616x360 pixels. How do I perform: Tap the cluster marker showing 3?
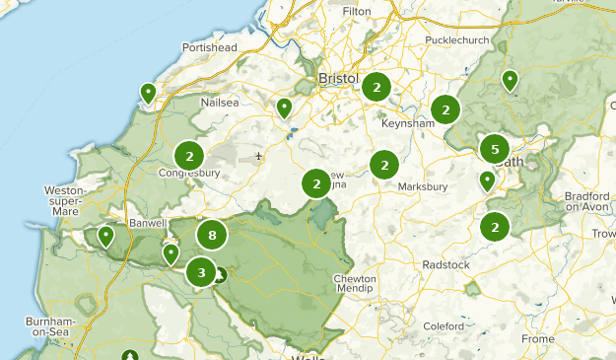[x=201, y=272]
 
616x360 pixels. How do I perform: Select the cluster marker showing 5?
[x=495, y=149]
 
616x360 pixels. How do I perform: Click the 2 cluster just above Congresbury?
[x=189, y=156]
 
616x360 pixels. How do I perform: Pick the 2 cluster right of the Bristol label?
[x=376, y=88]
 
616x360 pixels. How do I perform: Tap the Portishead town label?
[x=210, y=47]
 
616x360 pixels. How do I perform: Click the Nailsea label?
[x=219, y=102]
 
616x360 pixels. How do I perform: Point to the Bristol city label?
[x=336, y=78]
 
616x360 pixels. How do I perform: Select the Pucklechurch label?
[x=456, y=40]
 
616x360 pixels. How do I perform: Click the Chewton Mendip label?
[x=355, y=285]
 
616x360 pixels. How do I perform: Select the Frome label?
[x=538, y=339]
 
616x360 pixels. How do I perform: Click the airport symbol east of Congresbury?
[x=258, y=156]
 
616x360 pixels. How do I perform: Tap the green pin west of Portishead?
[x=148, y=94]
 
